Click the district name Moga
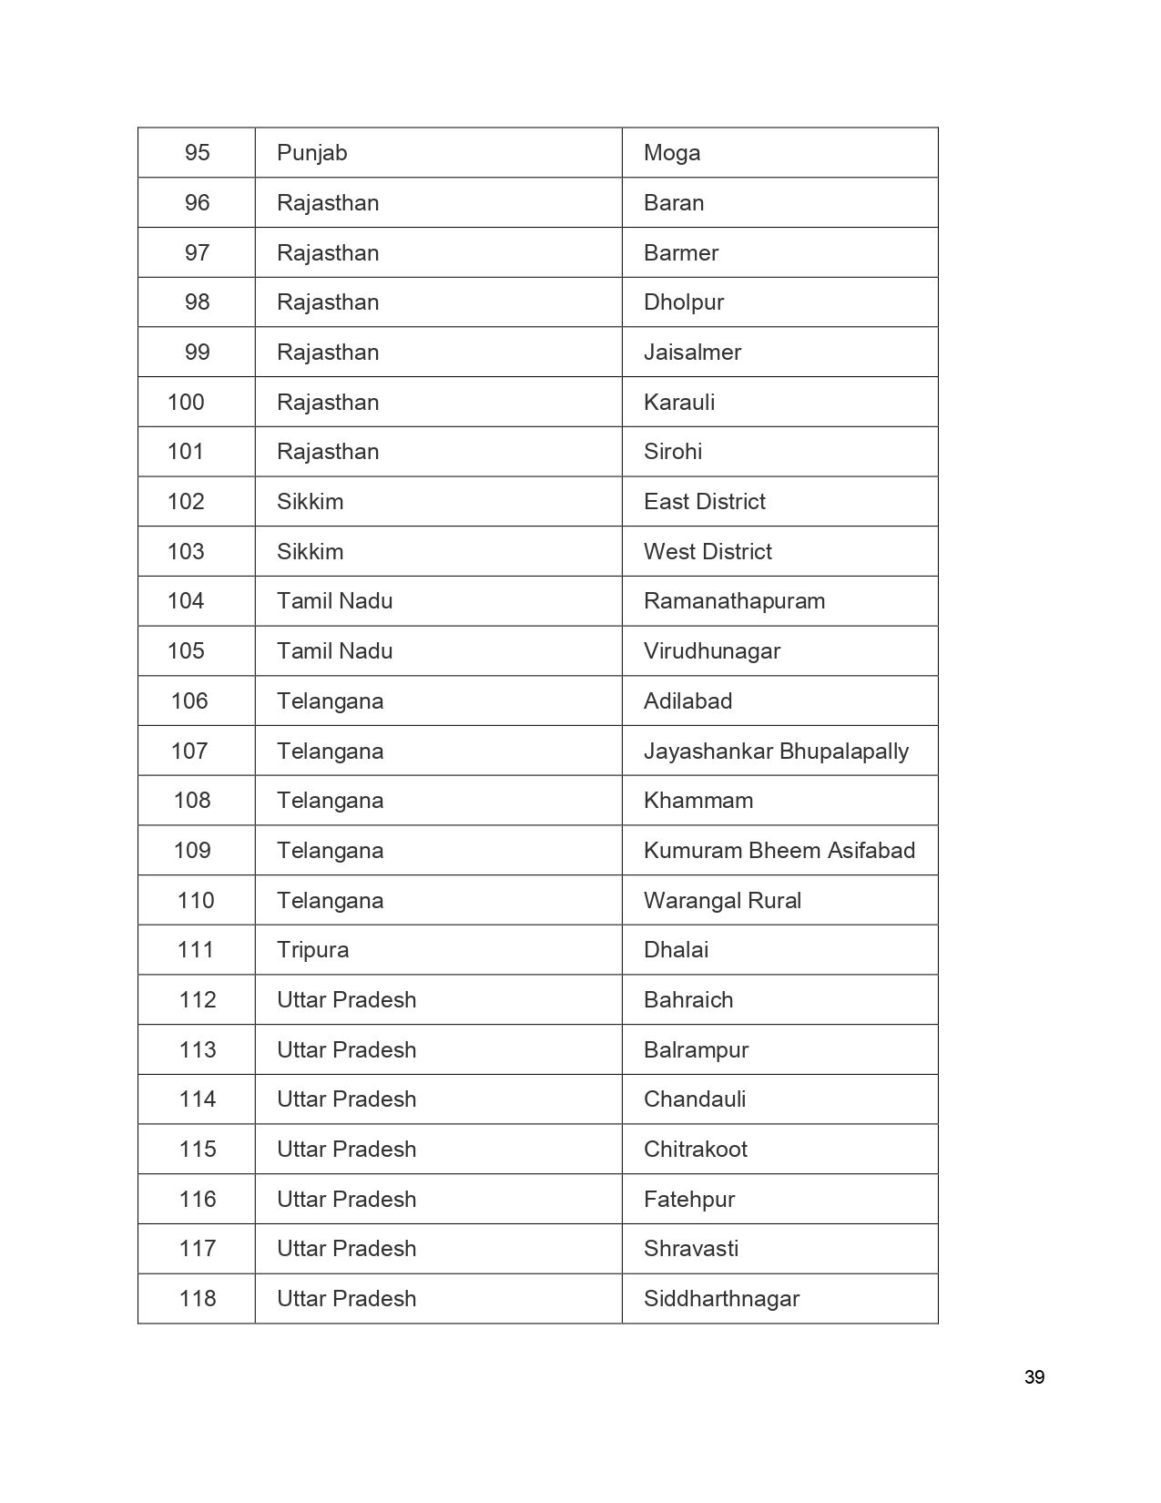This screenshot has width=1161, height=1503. pyautogui.click(x=672, y=153)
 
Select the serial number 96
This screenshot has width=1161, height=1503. pyautogui.click(x=198, y=203)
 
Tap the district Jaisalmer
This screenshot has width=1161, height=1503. pyautogui.click(x=692, y=353)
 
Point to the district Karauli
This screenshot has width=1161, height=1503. pyautogui.click(x=679, y=403)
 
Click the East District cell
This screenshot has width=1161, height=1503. pyautogui.click(x=705, y=502)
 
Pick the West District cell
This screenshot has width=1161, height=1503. pyautogui.click(x=708, y=552)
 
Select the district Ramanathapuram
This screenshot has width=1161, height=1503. pyautogui.click(x=734, y=601)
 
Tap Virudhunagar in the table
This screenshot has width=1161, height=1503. pyautogui.click(x=712, y=651)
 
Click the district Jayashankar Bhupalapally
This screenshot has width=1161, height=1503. pyautogui.click(x=776, y=751)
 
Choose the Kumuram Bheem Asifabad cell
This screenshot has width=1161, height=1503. pyautogui.click(x=779, y=851)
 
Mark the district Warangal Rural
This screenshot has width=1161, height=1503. pyautogui.click(x=722, y=901)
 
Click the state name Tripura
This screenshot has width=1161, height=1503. pyautogui.click(x=313, y=950)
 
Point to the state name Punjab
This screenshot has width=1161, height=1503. pyautogui.click(x=312, y=153)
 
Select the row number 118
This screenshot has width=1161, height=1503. pyautogui.click(x=198, y=1299)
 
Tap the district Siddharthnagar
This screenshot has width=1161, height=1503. pyautogui.click(x=721, y=1299)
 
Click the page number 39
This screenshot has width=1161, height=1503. pyautogui.click(x=1034, y=1377)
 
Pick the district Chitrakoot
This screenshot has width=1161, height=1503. pyautogui.click(x=696, y=1150)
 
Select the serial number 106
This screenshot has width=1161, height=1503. pyautogui.click(x=189, y=701)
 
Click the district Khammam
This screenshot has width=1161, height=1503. pyautogui.click(x=698, y=801)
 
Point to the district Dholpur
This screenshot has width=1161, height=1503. pyautogui.click(x=684, y=302)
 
